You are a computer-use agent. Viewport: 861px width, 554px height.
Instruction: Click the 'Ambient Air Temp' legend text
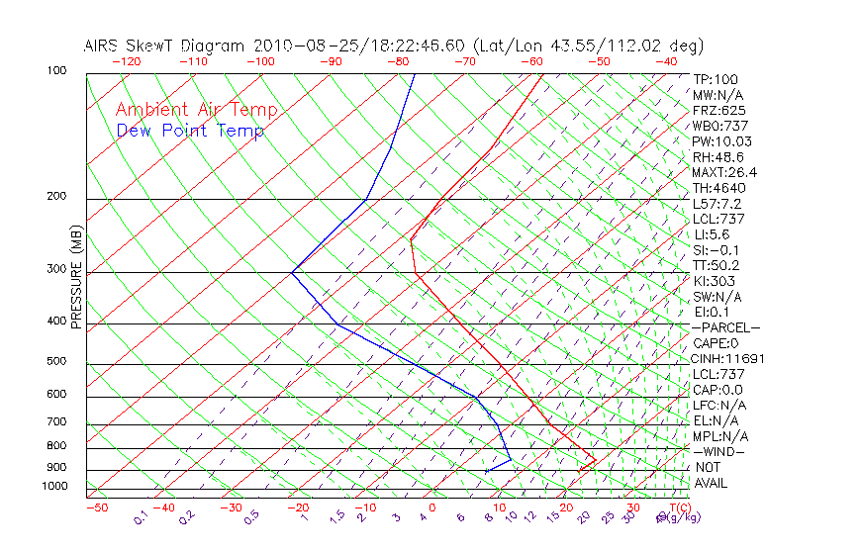click(x=196, y=110)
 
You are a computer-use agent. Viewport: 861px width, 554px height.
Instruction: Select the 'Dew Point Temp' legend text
click(x=189, y=131)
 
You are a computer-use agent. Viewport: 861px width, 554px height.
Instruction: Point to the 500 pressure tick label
click(x=56, y=361)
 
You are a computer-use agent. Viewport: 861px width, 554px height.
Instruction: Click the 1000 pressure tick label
click(x=53, y=486)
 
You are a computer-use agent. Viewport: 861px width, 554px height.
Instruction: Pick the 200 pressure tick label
click(x=56, y=196)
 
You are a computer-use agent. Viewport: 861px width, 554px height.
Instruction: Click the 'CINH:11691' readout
click(x=728, y=358)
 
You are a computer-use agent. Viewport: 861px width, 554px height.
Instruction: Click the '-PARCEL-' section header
click(x=725, y=327)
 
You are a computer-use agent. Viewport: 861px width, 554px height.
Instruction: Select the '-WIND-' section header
click(x=718, y=451)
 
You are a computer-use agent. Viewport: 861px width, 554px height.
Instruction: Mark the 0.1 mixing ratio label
click(x=141, y=517)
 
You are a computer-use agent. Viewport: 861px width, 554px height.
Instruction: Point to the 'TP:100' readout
click(x=716, y=79)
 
